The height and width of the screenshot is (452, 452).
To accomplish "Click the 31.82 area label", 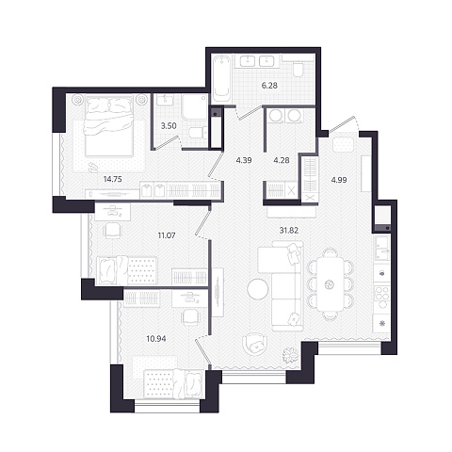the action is (289, 231).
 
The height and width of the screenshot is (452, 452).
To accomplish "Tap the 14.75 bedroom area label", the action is (113, 179).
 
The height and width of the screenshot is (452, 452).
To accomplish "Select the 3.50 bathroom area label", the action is (169, 126).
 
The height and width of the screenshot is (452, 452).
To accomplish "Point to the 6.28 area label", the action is (269, 85).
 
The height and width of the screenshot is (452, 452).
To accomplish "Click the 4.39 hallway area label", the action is (244, 160).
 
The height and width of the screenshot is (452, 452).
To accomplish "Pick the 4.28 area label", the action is (282, 160).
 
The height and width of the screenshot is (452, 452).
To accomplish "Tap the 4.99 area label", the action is (339, 180).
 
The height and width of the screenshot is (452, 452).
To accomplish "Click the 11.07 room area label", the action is (167, 235).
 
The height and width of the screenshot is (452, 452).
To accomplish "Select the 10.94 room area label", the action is (156, 339).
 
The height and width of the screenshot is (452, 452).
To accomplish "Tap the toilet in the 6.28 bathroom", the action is (298, 70).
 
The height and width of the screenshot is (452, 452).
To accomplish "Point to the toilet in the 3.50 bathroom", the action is (198, 133).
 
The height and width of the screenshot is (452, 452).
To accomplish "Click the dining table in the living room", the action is (331, 284).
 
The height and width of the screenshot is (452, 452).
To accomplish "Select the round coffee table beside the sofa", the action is (258, 289).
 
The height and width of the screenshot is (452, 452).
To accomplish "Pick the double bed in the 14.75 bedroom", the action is (108, 126).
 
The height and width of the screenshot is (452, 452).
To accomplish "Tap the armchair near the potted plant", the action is (255, 345).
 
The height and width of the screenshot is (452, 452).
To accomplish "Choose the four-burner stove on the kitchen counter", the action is (382, 297).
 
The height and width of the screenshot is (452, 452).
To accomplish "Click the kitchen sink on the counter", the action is (382, 248).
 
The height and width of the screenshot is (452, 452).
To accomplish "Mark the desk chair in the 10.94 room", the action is (190, 317).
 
